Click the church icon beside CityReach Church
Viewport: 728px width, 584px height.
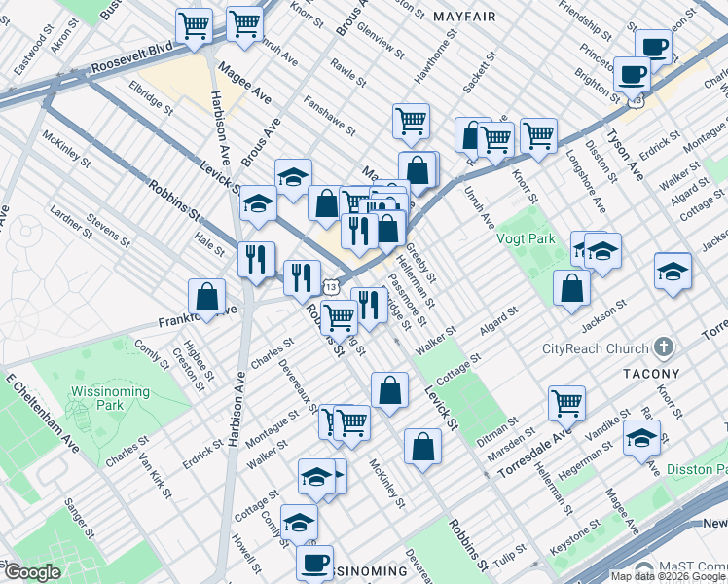coord(664,347)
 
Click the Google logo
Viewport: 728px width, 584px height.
coord(32,572)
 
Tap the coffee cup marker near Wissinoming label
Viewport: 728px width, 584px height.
coord(314,561)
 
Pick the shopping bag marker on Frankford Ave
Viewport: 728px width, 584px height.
coord(207,296)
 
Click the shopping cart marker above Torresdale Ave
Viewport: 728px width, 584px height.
coord(566,401)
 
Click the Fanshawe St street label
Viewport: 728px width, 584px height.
coord(327,114)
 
